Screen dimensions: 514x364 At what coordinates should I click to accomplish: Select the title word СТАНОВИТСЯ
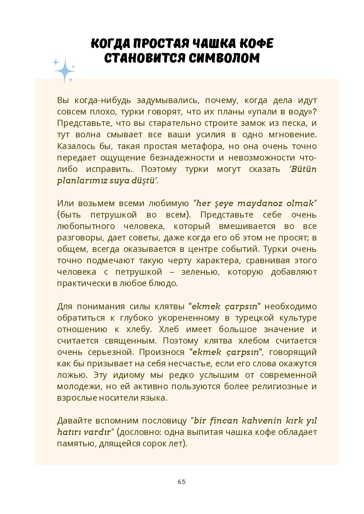[x=145, y=58]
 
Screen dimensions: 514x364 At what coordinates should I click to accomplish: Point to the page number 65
[x=182, y=482]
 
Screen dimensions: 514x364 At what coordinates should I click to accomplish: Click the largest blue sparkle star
[x=65, y=71]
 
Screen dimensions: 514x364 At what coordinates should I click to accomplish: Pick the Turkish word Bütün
[x=304, y=169]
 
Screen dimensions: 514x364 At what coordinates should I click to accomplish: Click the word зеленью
[x=200, y=272]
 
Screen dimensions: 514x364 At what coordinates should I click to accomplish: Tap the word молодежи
[x=79, y=386]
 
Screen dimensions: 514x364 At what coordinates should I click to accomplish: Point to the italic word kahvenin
[x=262, y=421]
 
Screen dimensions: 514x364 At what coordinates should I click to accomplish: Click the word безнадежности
[x=182, y=158]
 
